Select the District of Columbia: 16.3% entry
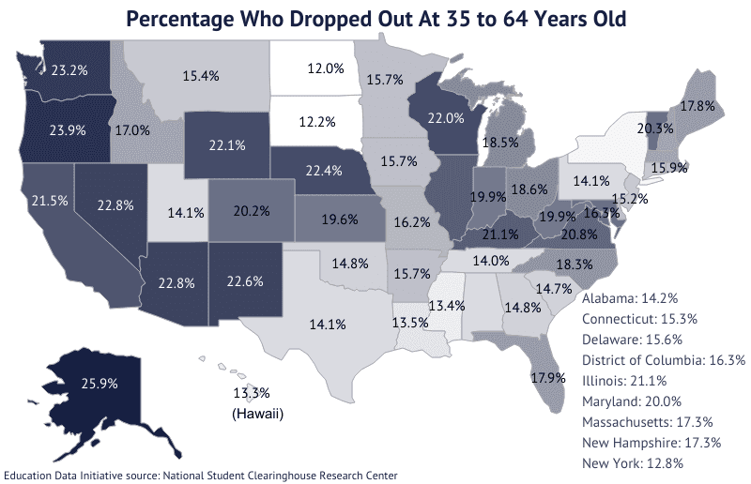click(x=663, y=360)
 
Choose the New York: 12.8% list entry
click(x=632, y=463)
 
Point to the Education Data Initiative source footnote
click(x=201, y=476)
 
